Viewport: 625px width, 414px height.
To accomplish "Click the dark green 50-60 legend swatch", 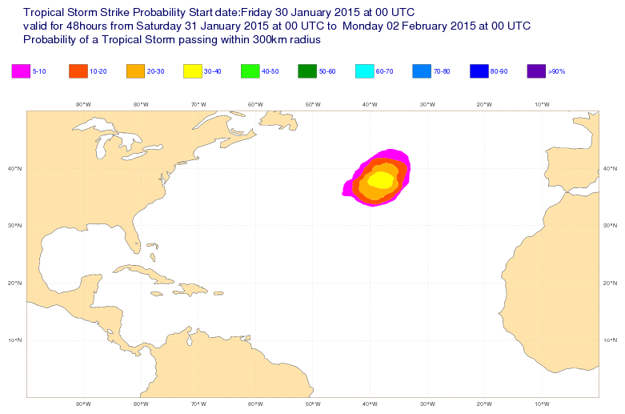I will pos(307,71).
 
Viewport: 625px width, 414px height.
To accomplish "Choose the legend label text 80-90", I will pos(499,72).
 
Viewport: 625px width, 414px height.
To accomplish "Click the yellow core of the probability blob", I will pos(382,180).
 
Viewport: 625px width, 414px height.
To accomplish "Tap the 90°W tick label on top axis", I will pos(83,104).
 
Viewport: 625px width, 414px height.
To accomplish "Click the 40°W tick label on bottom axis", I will pos(370,404).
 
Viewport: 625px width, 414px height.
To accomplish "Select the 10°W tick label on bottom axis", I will pos(541,404).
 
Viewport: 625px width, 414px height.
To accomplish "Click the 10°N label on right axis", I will pos(610,340).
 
